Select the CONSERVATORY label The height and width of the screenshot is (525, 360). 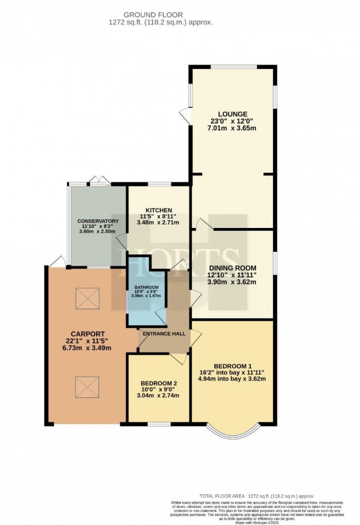[98, 221]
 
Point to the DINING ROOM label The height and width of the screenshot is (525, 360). [232, 268]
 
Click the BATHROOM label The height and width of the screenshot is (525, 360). [146, 287]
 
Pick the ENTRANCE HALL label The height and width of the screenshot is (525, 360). [164, 334]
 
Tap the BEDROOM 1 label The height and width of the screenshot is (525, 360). [233, 366]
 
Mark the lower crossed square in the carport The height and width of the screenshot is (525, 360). [87, 387]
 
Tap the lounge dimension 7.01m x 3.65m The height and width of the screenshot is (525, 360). [232, 128]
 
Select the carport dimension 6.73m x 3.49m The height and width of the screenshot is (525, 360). [86, 348]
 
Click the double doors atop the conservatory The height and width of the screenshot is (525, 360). [100, 181]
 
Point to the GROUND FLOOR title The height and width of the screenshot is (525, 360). [153, 15]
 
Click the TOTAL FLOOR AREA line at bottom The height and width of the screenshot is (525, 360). [257, 496]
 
